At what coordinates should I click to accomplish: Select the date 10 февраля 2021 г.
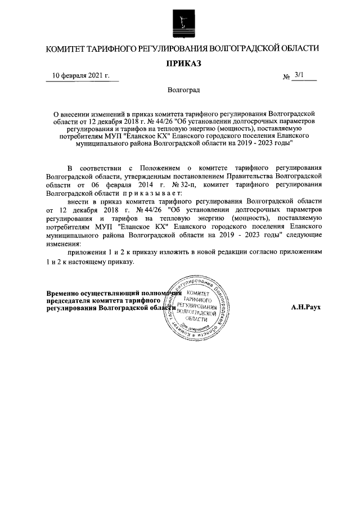pyautogui.click(x=80, y=75)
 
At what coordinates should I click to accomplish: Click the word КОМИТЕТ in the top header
pyautogui.click(x=69, y=49)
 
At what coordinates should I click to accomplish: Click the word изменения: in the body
pyautogui.click(x=64, y=245)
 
